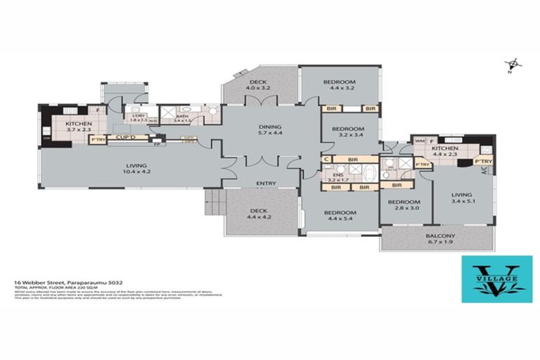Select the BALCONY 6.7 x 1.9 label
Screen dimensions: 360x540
pyautogui.click(x=441, y=239)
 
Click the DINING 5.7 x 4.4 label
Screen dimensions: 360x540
pyautogui.click(x=270, y=129)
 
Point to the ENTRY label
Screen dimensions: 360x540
pyautogui.click(x=266, y=184)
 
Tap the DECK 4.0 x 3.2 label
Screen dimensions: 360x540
pyautogui.click(x=257, y=86)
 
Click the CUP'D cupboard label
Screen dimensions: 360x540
pyautogui.click(x=127, y=139)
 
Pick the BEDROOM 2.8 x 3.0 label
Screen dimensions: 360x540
pyautogui.click(x=404, y=205)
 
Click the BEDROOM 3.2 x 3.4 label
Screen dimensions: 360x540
pyautogui.click(x=348, y=132)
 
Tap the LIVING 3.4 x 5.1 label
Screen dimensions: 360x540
pyautogui.click(x=461, y=199)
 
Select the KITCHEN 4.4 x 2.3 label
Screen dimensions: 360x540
pyautogui.click(x=445, y=153)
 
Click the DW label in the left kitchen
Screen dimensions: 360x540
pyautogui.click(x=47, y=138)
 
